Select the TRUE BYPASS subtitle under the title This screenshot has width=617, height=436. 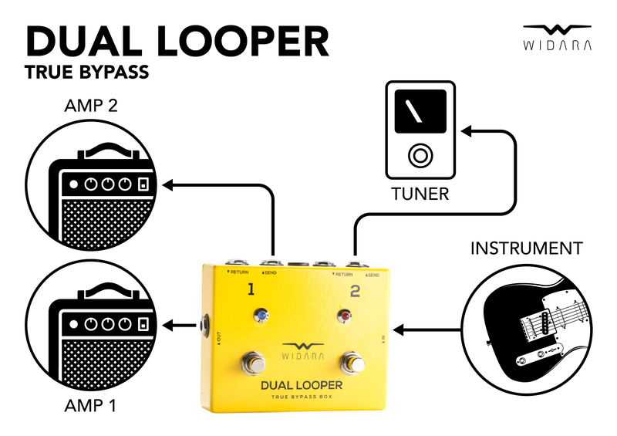point(86,76)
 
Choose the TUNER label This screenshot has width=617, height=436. point(420,194)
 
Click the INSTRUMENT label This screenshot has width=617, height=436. point(526,248)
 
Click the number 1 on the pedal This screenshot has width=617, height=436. point(250,290)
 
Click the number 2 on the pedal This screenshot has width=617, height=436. point(355,291)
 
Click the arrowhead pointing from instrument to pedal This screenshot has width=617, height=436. point(398,330)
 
